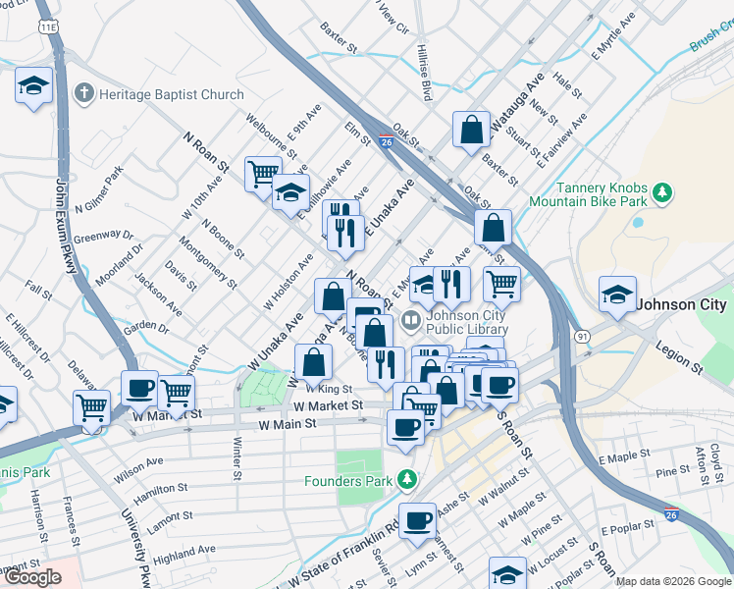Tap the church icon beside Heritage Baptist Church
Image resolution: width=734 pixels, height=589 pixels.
pos(85,94)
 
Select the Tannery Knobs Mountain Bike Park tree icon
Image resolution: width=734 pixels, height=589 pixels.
pos(663,190)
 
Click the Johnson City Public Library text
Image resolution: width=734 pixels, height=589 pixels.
pos(466,322)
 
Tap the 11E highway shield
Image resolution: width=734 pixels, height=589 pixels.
pos(47,27)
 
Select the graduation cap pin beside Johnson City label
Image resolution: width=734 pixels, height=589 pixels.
pos(616,294)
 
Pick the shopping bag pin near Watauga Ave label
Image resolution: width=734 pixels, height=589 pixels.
pos(472,130)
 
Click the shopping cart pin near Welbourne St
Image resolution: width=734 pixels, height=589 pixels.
pos(262,175)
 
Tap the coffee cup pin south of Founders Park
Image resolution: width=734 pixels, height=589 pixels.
pos(418,520)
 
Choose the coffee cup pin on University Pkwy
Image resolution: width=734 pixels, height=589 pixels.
pos(139,388)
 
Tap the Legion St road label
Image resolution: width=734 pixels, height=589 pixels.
pos(682,360)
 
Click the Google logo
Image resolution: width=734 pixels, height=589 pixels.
pos(33,577)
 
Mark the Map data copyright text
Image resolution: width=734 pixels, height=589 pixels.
pos(673,581)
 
